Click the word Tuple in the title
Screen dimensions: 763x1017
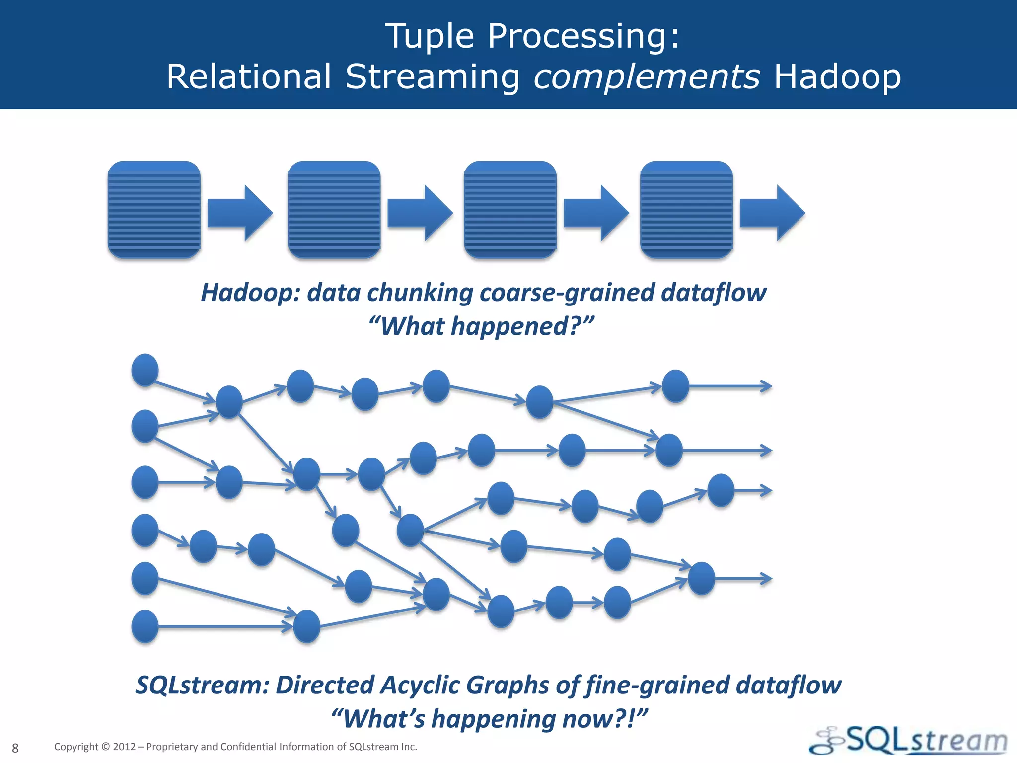click(x=430, y=37)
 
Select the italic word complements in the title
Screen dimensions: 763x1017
click(x=646, y=77)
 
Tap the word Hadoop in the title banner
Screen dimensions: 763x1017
click(x=837, y=77)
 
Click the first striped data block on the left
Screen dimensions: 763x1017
click(x=154, y=210)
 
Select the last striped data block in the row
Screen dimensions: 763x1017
click(x=686, y=210)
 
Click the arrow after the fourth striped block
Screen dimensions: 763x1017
click(x=772, y=213)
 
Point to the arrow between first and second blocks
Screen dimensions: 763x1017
click(x=240, y=213)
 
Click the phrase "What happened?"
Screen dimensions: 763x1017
click(x=481, y=326)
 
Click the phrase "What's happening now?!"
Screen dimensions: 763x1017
click(x=489, y=719)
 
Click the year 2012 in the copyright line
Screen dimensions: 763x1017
click(x=124, y=747)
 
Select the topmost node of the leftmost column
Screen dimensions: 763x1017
click(x=145, y=370)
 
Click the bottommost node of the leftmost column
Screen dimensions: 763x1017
click(x=145, y=626)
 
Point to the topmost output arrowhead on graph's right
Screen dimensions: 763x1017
click(x=767, y=386)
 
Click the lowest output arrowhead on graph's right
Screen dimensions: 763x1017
click(x=767, y=579)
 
